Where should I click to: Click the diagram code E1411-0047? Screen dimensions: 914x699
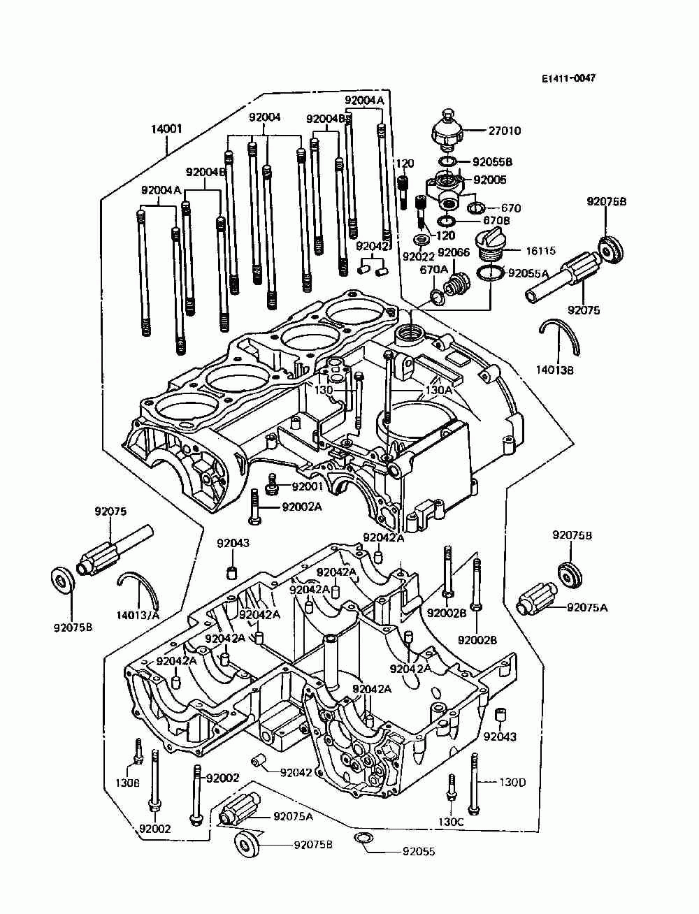click(x=568, y=79)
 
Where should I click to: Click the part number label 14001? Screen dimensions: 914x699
click(x=166, y=129)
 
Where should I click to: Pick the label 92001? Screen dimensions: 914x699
click(x=307, y=486)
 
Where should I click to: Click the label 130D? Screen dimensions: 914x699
click(x=512, y=782)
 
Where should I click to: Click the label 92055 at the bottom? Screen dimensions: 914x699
click(x=418, y=852)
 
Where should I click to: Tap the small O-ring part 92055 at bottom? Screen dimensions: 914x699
click(x=363, y=839)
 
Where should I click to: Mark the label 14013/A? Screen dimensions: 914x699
click(x=138, y=615)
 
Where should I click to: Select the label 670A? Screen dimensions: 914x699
click(x=433, y=269)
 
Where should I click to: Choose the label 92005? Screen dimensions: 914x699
click(x=490, y=180)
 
